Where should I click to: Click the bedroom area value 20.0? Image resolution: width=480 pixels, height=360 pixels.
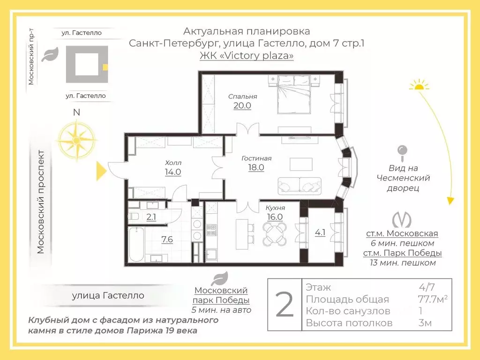tap(242, 105)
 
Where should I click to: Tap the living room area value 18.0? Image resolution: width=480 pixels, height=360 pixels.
tap(256, 167)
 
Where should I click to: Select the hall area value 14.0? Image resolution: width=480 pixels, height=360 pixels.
tap(173, 172)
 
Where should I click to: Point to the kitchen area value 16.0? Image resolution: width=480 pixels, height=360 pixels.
tap(275, 217)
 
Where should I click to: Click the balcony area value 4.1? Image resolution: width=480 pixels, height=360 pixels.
tap(320, 232)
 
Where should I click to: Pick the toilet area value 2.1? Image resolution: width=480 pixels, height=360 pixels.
tap(151, 217)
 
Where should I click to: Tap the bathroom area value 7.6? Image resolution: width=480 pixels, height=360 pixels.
tap(167, 240)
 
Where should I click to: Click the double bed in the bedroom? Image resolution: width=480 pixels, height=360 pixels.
tap(294, 95)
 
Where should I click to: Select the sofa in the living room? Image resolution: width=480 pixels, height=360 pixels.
tap(300, 186)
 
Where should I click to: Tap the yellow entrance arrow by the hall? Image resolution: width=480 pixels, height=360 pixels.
tap(102, 171)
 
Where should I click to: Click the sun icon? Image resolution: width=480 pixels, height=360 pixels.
tap(419, 85)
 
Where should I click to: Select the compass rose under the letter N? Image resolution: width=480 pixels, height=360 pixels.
tap(76, 140)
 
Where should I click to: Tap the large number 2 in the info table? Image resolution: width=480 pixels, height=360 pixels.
tap(285, 305)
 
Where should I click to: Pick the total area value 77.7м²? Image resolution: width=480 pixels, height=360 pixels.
tap(433, 299)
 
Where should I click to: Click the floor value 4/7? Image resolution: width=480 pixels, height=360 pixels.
tap(427, 287)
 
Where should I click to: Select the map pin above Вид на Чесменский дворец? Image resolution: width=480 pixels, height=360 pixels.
tap(402, 153)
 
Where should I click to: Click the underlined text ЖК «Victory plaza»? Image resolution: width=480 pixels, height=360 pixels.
tap(247, 55)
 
